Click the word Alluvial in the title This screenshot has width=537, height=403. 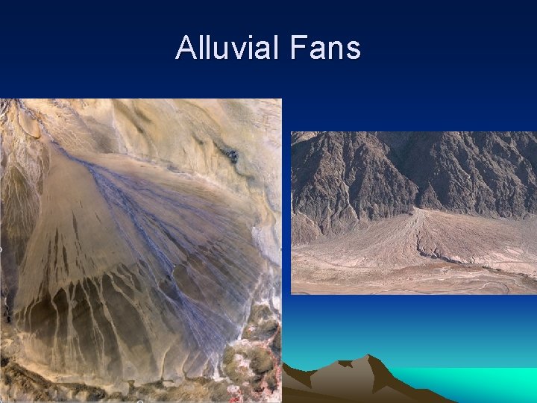point(226,49)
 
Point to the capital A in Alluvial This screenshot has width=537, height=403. point(184,49)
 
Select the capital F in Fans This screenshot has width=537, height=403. point(294,49)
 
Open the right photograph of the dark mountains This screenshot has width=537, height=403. point(413,213)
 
